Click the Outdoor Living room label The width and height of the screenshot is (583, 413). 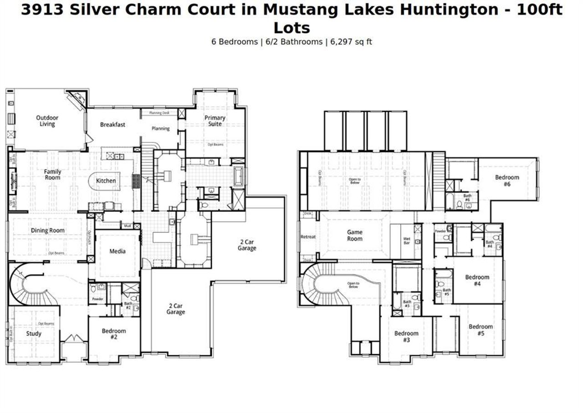47,121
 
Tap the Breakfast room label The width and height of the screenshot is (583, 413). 113,124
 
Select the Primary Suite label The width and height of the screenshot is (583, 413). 215,121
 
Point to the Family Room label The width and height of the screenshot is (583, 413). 52,175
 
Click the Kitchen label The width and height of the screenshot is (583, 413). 106,181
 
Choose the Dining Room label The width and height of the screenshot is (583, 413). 48,231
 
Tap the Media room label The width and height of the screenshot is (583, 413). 118,251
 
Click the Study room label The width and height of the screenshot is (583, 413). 34,334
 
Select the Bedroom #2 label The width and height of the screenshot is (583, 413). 114,334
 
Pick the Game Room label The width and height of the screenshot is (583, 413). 355,236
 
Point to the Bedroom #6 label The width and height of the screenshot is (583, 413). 507,181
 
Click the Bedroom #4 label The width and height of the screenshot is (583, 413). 477,280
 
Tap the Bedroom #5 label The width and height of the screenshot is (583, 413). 481,330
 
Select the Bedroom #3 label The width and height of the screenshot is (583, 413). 406,337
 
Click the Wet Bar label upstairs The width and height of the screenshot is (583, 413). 407,241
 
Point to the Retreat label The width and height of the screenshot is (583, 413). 308,237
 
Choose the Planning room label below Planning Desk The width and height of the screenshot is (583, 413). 160,129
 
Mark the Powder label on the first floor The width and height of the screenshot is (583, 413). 97,299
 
